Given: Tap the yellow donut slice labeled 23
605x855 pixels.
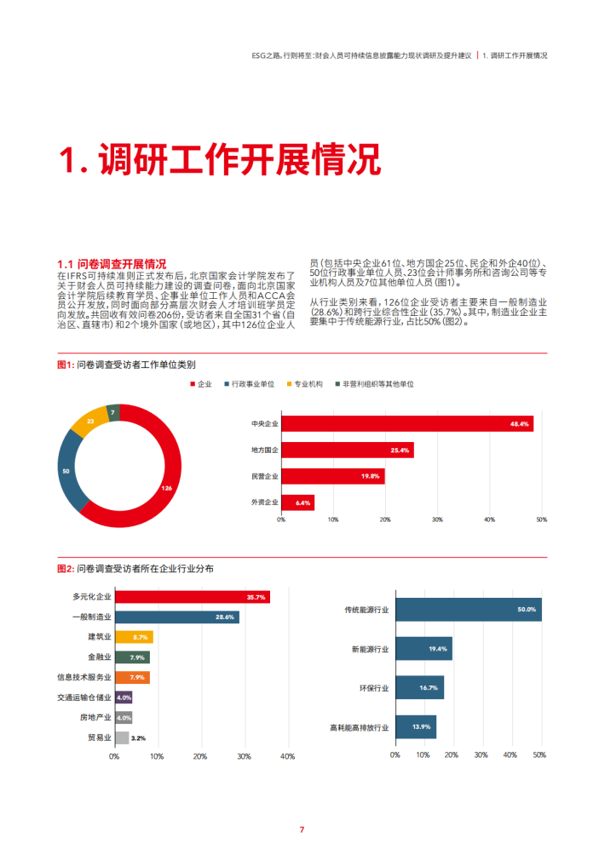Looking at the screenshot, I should click(90, 422).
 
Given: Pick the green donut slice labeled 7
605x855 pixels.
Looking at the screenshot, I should click(113, 413).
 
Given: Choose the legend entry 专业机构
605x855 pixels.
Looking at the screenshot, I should click(308, 385).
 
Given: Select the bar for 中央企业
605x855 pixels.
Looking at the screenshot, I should click(407, 424).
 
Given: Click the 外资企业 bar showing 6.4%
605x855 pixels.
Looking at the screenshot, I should click(297, 503).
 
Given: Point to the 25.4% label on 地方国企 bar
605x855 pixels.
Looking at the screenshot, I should click(400, 450).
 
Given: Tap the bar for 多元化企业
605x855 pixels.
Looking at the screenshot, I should click(192, 598).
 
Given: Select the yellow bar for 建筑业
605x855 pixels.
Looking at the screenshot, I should click(134, 637).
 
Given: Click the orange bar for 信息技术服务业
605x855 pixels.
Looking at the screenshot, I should click(132, 678).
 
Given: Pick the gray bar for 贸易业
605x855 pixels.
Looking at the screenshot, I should click(122, 737).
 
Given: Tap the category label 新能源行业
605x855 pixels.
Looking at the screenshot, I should click(370, 649).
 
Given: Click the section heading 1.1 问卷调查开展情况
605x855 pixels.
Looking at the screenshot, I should click(111, 263).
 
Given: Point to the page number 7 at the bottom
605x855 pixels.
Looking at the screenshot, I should click(301, 829).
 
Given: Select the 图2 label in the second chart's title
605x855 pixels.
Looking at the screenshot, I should click(65, 568).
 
